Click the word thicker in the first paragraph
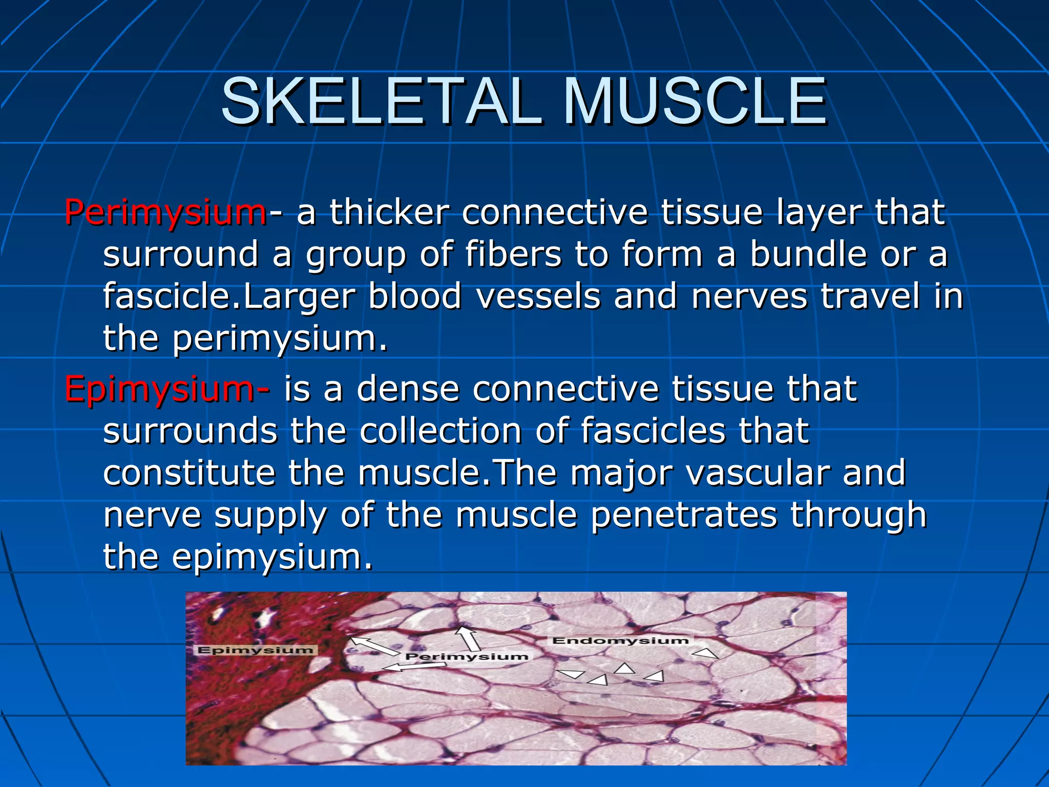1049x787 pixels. point(389,212)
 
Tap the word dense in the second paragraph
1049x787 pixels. point(408,388)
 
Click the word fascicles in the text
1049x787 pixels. point(653,430)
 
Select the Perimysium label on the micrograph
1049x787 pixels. point(466,656)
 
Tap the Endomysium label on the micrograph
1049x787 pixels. point(620,640)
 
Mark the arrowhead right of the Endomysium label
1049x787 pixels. point(706,653)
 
